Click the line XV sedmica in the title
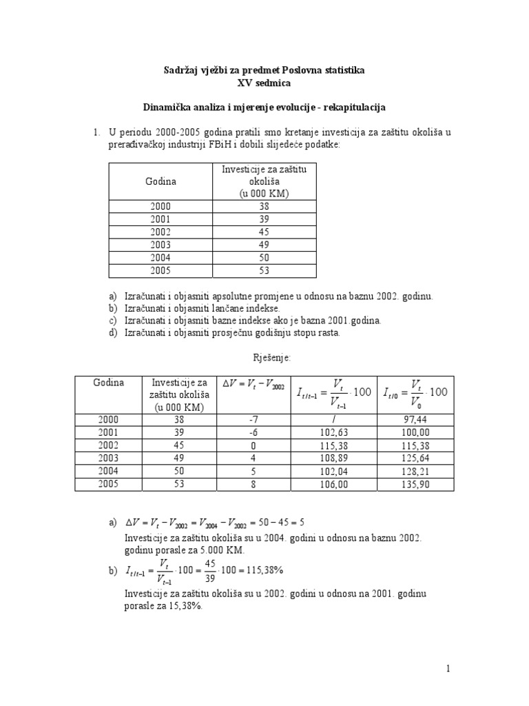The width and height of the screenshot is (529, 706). point(264,83)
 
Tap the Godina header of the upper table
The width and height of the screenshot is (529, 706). point(160,181)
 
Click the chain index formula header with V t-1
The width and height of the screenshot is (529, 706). point(333,392)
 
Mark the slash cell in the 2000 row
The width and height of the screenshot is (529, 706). point(333,418)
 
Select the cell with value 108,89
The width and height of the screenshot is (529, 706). point(333,458)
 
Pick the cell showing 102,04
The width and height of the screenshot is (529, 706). point(333,471)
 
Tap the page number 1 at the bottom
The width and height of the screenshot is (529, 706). point(448,668)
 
